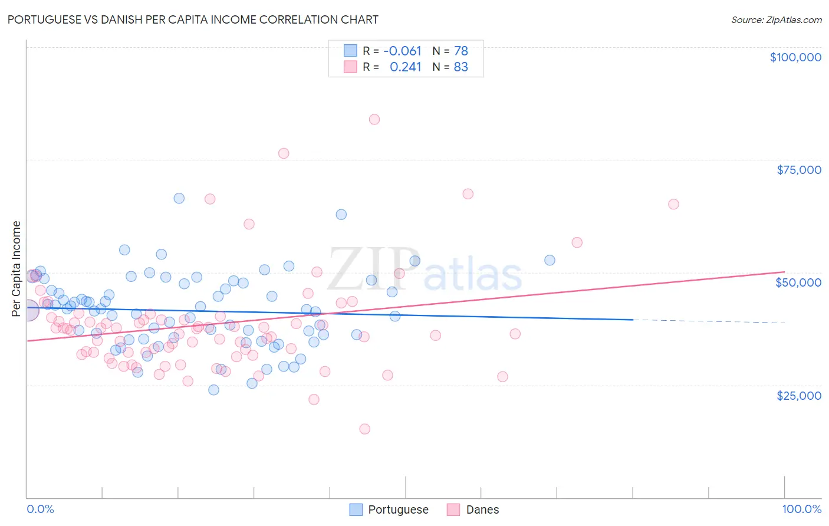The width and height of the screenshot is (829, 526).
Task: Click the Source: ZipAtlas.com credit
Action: click(x=776, y=19)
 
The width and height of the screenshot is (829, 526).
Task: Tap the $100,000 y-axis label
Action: click(x=795, y=57)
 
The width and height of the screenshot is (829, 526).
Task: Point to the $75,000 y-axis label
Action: click(x=798, y=170)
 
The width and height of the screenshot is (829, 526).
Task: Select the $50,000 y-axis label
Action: click(x=798, y=282)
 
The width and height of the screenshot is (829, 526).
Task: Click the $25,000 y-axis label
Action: click(x=798, y=395)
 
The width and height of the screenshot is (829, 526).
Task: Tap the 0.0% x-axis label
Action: click(x=40, y=509)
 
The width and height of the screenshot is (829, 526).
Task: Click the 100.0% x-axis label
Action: click(x=801, y=509)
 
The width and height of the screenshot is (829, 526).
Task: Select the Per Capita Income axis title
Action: click(x=17, y=268)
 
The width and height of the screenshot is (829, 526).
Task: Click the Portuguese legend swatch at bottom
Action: click(x=356, y=509)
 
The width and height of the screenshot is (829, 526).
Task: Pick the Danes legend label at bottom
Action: click(x=482, y=509)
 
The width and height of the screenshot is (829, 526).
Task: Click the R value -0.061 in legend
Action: click(x=402, y=51)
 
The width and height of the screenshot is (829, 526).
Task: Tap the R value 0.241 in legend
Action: click(x=406, y=67)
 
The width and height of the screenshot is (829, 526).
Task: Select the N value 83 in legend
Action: click(x=460, y=67)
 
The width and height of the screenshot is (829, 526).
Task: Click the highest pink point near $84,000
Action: click(x=374, y=119)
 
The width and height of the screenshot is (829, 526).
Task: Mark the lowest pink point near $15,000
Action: click(x=364, y=429)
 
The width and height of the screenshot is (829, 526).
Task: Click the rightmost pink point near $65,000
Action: click(x=673, y=204)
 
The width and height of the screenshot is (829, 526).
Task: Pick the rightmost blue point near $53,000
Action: click(x=550, y=260)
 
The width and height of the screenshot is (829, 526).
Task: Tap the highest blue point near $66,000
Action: click(x=179, y=198)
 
